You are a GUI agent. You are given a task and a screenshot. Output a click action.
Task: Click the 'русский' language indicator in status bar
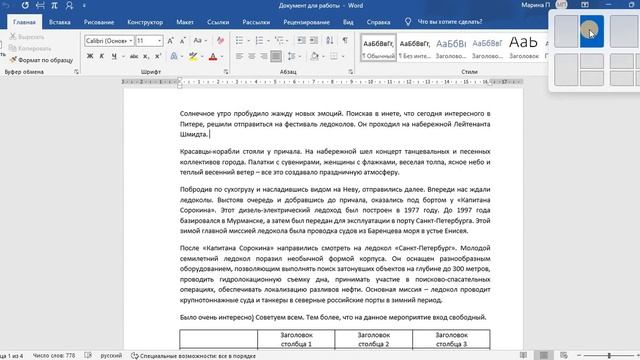pyautogui.click(x=112, y=355)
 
